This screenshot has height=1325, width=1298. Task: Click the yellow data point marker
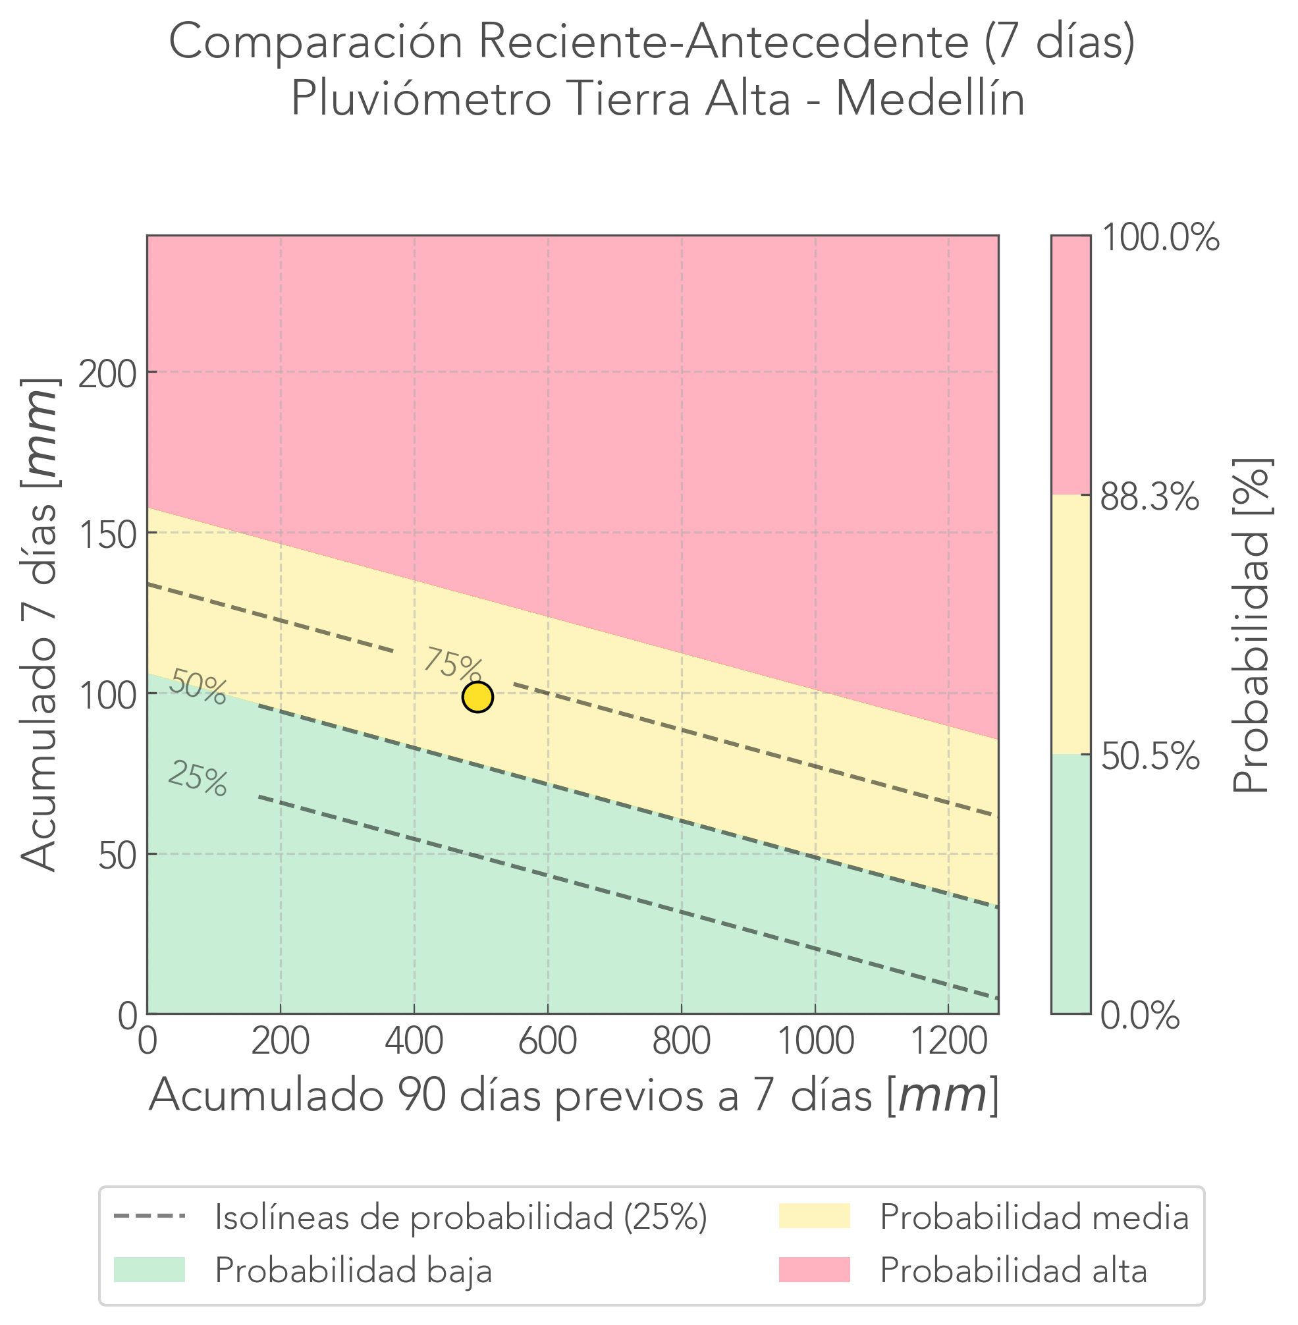tap(477, 697)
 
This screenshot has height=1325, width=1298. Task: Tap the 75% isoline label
tap(453, 663)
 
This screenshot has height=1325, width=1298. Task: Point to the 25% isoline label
tap(198, 778)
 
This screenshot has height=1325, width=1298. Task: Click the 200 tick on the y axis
tap(108, 375)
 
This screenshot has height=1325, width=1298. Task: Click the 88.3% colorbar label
tap(1149, 499)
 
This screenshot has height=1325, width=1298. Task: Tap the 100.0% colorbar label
tap(1160, 238)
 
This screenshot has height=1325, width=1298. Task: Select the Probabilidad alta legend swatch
tap(815, 1270)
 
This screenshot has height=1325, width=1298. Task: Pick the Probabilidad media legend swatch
tap(815, 1216)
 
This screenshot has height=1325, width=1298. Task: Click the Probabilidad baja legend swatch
tap(149, 1270)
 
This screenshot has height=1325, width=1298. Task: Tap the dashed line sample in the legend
tap(149, 1216)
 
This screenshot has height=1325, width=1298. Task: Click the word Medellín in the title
tap(930, 99)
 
